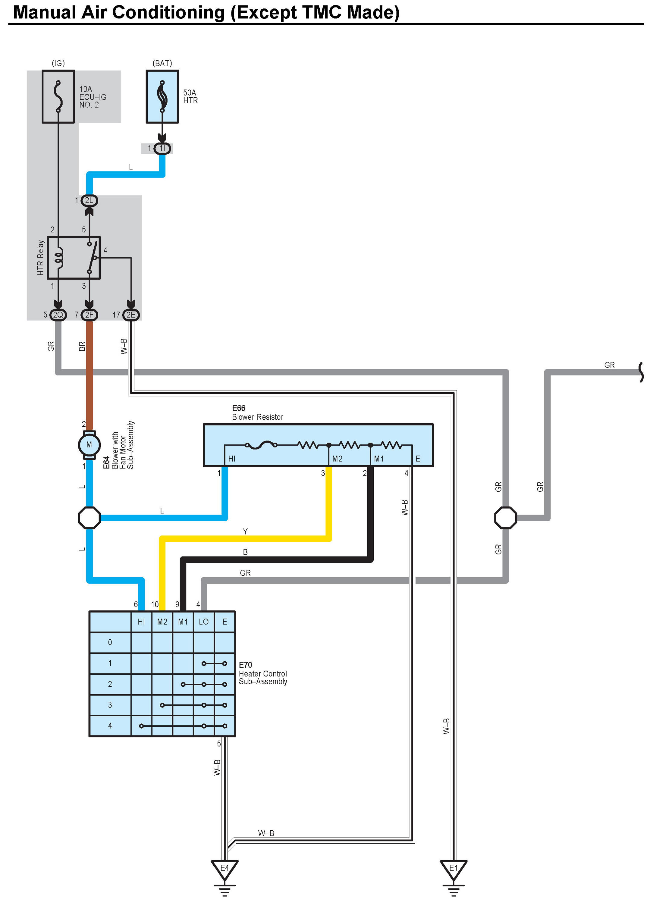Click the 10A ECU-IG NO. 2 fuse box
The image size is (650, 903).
click(x=58, y=97)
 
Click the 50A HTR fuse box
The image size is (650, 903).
click(x=162, y=97)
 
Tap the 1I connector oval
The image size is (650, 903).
click(x=162, y=149)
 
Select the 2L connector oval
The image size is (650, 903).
click(x=89, y=200)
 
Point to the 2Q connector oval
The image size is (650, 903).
click(x=58, y=315)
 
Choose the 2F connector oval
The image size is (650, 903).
click(x=89, y=315)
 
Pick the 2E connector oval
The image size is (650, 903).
click(x=131, y=315)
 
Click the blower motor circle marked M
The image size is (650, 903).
click(x=89, y=445)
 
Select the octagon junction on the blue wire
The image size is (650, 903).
click(x=89, y=518)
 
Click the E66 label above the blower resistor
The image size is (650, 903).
click(x=239, y=408)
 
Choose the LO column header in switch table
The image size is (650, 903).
click(x=203, y=622)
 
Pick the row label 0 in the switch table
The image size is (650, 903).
click(x=110, y=642)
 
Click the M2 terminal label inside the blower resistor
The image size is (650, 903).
click(x=337, y=459)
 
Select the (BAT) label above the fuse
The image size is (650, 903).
click(x=162, y=63)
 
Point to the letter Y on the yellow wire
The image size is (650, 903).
click(x=245, y=531)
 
